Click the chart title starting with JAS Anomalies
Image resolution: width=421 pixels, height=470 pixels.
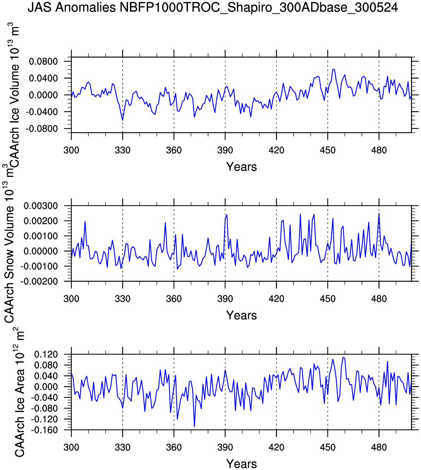coord(213,8)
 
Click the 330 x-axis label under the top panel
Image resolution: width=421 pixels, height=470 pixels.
coord(122,151)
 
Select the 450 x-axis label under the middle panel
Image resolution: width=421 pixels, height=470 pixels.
coord(327,299)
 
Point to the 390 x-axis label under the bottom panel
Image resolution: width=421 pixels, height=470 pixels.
coord(225,448)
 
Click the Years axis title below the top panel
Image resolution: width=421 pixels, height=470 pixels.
coord(241,167)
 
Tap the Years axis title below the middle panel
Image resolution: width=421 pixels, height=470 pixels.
coord(241,316)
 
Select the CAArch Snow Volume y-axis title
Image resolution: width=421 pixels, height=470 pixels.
coord(9,252)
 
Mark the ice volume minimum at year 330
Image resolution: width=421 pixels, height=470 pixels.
coord(122,120)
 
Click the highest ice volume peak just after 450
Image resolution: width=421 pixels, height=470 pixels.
coord(333,69)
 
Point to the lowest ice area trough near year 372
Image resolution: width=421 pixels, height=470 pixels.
coord(194,427)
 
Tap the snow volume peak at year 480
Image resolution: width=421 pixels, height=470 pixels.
coord(379,214)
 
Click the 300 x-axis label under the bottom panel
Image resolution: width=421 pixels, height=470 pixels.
coord(71,448)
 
